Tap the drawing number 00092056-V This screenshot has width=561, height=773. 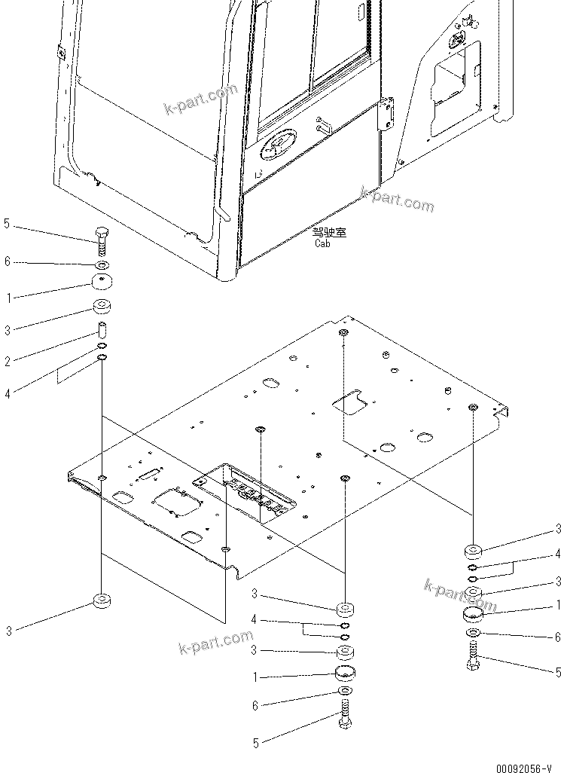[520, 764]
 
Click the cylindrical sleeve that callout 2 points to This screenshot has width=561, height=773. [100, 331]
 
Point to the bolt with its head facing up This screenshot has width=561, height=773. [101, 243]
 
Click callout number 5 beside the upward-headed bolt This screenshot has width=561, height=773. [7, 224]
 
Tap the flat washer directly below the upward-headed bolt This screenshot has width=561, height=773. [101, 265]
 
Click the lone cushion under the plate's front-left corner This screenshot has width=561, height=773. [101, 601]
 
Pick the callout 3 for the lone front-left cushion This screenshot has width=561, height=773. [8, 631]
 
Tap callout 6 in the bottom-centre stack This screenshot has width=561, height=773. [255, 706]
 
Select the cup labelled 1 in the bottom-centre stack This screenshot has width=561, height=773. [345, 673]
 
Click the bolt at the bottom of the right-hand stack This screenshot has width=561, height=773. [473, 652]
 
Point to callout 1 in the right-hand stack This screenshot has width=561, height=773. [558, 603]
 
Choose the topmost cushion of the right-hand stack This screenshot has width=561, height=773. [473, 549]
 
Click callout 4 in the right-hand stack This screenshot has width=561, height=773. [558, 555]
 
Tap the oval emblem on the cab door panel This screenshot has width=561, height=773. [280, 147]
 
